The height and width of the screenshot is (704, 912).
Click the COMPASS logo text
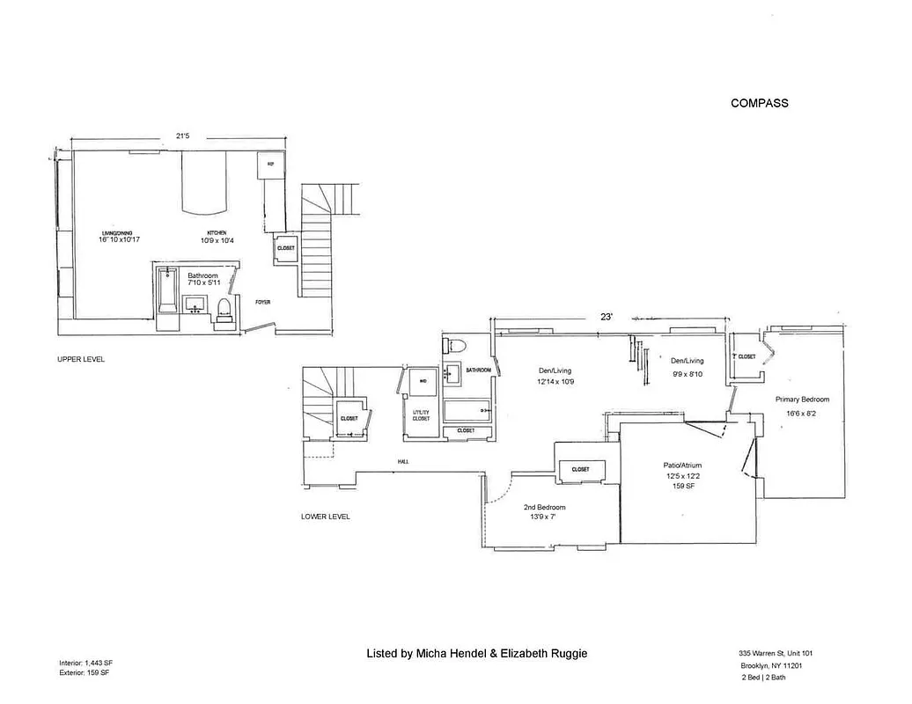[759, 103]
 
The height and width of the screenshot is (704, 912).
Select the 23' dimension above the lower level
[607, 315]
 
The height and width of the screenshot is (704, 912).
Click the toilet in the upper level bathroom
[224, 309]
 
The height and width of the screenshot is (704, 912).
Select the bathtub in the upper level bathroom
[166, 293]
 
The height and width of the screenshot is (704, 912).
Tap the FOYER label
[262, 303]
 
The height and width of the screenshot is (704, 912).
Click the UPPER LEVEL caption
[81, 359]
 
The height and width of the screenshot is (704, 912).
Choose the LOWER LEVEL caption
[325, 517]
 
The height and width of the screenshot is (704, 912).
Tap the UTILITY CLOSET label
[422, 415]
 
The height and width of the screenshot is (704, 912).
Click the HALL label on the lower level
[402, 462]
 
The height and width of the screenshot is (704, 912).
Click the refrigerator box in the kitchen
[270, 165]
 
